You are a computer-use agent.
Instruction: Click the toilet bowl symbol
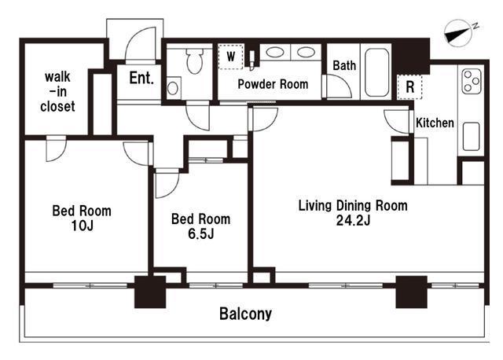pyautogui.click(x=194, y=61)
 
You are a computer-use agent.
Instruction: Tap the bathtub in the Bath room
pyautogui.click(x=376, y=72)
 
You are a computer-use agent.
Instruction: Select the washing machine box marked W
pyautogui.click(x=230, y=57)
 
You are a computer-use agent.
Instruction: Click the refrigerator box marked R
pyautogui.click(x=409, y=86)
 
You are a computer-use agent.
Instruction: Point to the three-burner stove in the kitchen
pyautogui.click(x=472, y=82)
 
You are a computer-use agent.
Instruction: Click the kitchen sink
pyautogui.click(x=472, y=136)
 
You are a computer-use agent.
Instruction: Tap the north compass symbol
pyautogui.click(x=459, y=33)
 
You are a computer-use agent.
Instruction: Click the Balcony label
pyautogui.click(x=245, y=314)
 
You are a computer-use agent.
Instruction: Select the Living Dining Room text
pyautogui.click(x=353, y=205)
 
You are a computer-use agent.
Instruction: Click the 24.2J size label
pyautogui.click(x=353, y=220)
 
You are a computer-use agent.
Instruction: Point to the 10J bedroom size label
pyautogui.click(x=82, y=226)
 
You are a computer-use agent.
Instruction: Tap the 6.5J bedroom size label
pyautogui.click(x=201, y=234)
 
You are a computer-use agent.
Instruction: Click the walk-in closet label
pyautogui.click(x=57, y=92)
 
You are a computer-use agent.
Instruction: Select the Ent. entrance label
pyautogui.click(x=141, y=78)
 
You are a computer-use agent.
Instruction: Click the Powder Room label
pyautogui.click(x=273, y=84)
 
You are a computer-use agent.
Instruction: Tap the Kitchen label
pyautogui.click(x=435, y=123)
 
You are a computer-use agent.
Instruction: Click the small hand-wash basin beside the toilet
pyautogui.click(x=173, y=88)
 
